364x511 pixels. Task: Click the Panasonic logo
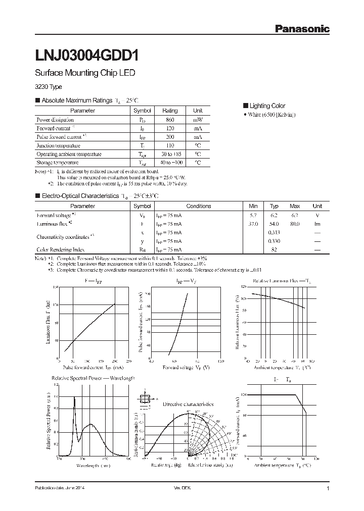pyautogui.click(x=302, y=29)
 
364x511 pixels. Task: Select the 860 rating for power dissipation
pyautogui.click(x=170, y=120)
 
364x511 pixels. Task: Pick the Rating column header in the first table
pyautogui.click(x=170, y=111)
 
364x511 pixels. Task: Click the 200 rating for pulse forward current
pyautogui.click(x=170, y=137)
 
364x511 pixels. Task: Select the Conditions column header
pyautogui.click(x=198, y=206)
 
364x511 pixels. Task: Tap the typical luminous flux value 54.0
pyautogui.click(x=274, y=224)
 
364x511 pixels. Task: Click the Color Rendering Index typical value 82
pyautogui.click(x=274, y=249)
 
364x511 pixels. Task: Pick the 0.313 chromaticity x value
pyautogui.click(x=274, y=232)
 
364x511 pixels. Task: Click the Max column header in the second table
pyautogui.click(x=295, y=206)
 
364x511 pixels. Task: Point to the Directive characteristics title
pyautogui.click(x=188, y=404)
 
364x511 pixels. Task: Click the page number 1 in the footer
pyautogui.click(x=328, y=489)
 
